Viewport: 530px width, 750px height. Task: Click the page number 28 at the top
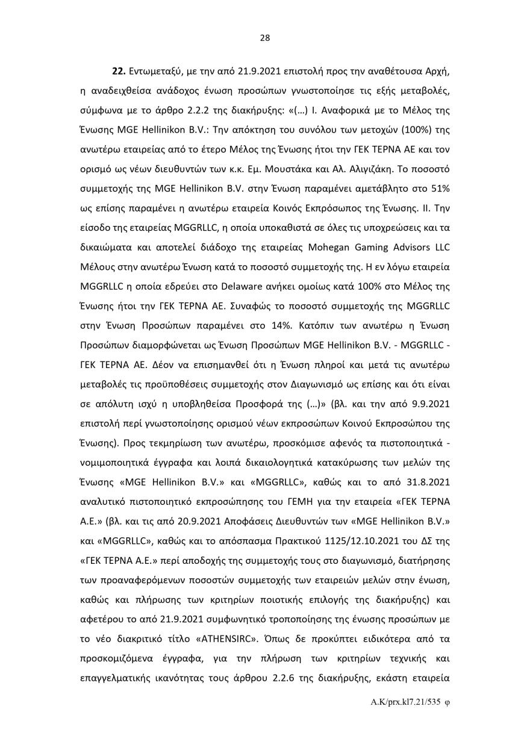(265, 38)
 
